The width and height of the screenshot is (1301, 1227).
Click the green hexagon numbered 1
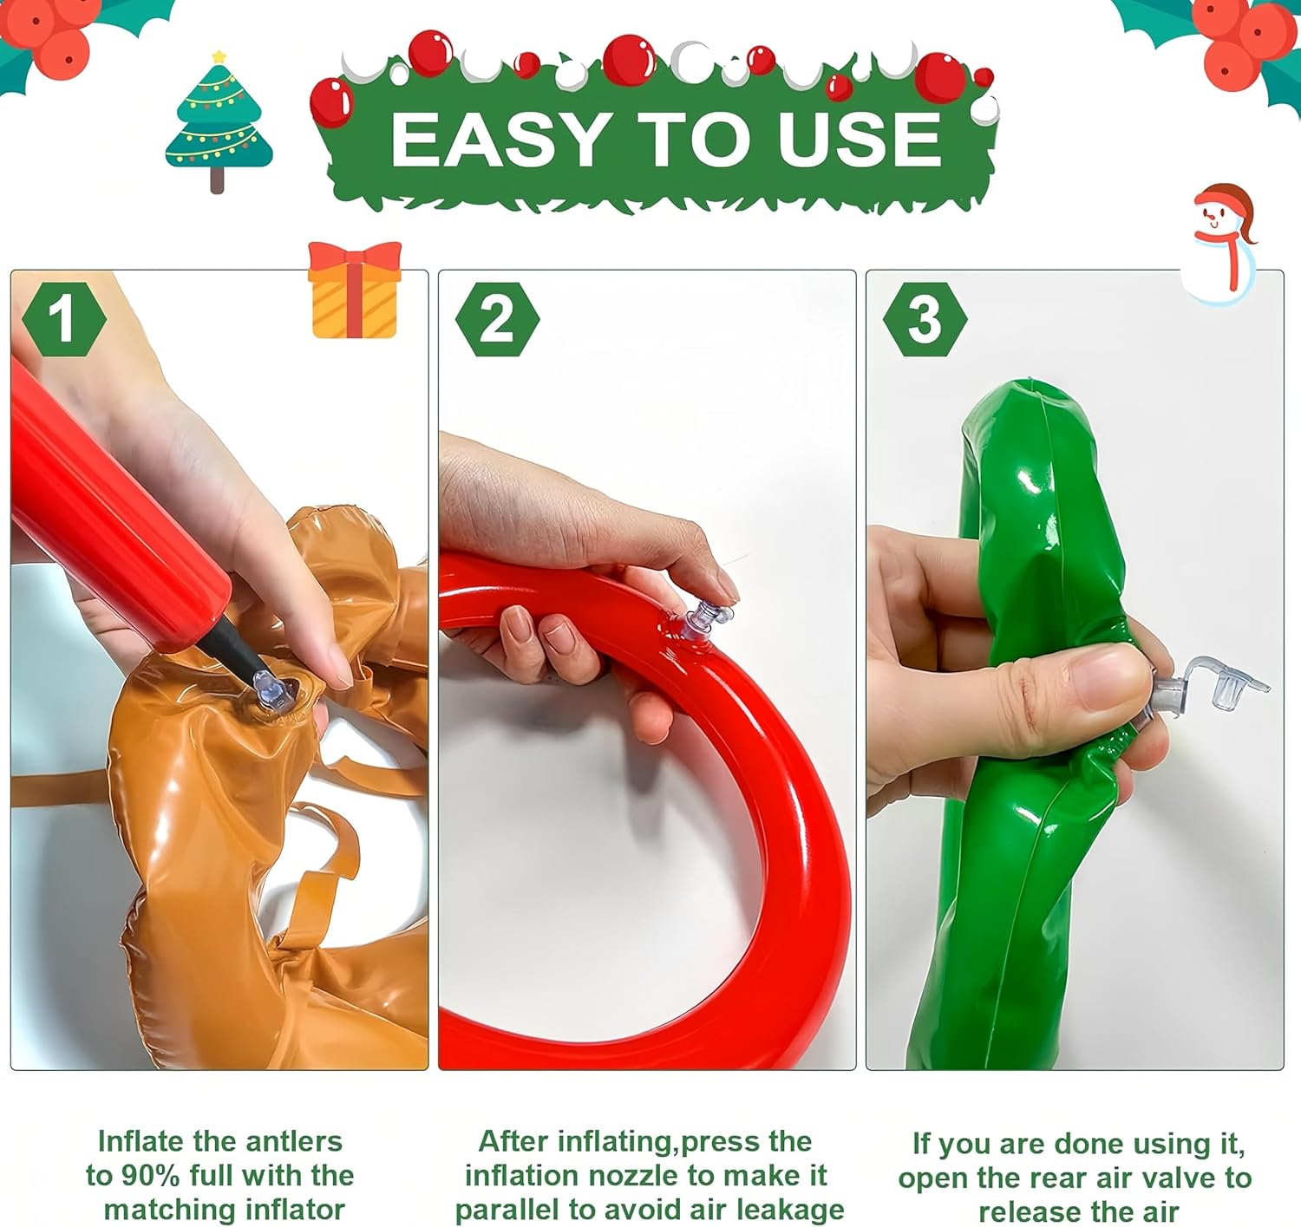tap(62, 319)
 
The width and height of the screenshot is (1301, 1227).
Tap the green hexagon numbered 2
tap(496, 319)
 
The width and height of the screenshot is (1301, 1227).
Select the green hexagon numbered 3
tap(925, 319)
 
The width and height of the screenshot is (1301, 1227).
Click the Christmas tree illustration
tap(219, 121)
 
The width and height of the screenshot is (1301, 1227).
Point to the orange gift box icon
tap(355, 290)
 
